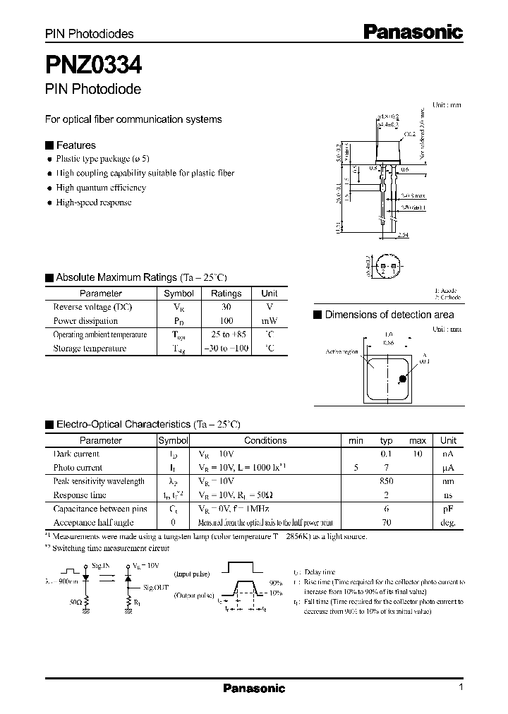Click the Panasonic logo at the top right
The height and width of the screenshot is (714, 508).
413,31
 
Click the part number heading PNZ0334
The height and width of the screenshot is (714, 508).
94,66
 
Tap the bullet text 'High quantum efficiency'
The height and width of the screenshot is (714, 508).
101,188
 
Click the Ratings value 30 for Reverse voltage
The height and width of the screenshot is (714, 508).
226,307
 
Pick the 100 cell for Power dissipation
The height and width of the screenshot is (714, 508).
226,320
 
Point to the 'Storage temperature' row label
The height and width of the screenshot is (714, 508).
90,348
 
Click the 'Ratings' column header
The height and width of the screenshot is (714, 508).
226,294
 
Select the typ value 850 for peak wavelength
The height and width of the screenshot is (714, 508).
386,481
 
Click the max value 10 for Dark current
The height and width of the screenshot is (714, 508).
417,454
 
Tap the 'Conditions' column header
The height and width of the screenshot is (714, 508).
265,440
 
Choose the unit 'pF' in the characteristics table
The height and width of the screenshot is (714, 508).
448,508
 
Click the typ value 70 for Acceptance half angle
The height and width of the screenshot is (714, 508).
386,522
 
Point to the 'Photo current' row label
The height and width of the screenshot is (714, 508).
78,467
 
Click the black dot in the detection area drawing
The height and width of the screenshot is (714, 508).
402,379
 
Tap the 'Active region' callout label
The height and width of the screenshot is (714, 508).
342,351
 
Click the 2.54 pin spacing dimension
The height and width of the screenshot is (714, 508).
403,235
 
